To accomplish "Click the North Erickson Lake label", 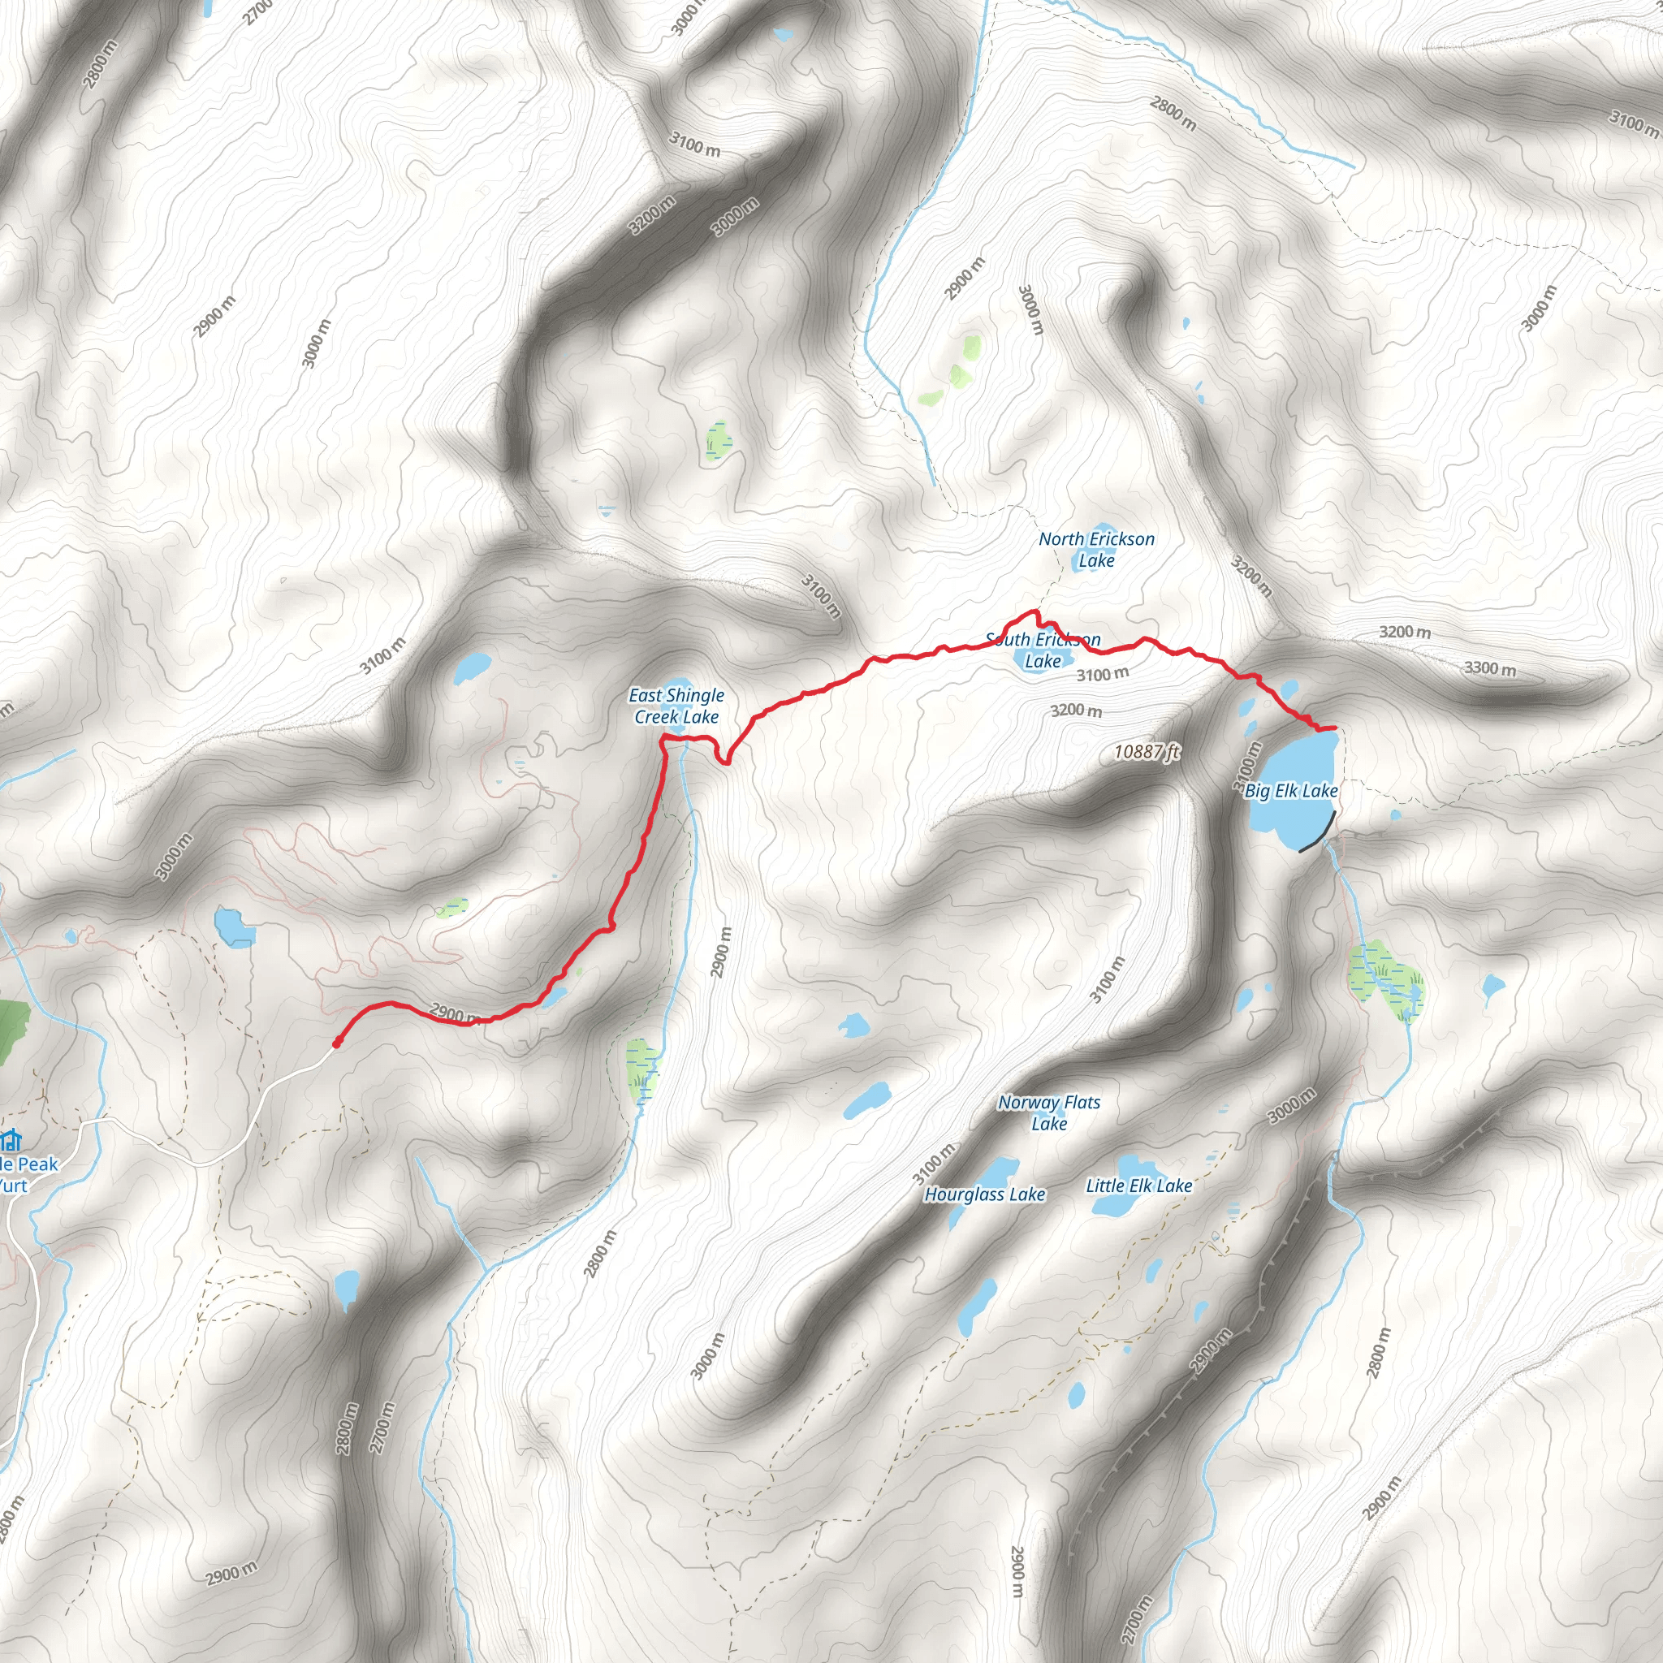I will (1095, 549).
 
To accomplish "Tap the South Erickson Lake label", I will (1043, 650).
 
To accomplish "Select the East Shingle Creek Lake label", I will (676, 706).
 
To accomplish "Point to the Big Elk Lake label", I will (1291, 790).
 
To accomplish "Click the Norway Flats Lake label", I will (1048, 1112).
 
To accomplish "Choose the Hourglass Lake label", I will (985, 1194).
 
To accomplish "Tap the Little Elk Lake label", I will (1138, 1186).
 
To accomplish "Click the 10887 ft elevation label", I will (1146, 751).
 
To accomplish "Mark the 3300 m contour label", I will (1490, 668).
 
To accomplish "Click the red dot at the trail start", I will (336, 1044).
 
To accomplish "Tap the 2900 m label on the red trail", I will (454, 1014).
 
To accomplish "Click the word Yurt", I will (13, 1186).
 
